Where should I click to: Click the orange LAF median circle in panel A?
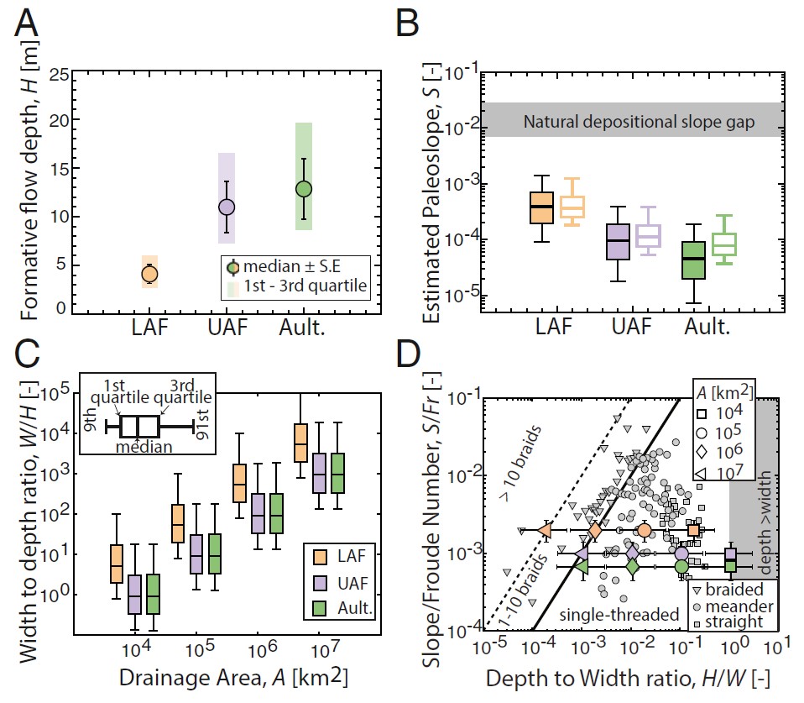click(x=149, y=274)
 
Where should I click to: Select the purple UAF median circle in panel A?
click(x=227, y=207)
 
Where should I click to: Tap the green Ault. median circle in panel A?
click(x=304, y=189)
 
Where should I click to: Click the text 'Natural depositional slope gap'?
click(x=639, y=122)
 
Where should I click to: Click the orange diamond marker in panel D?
click(x=595, y=531)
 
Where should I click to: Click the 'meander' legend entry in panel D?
click(x=734, y=606)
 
